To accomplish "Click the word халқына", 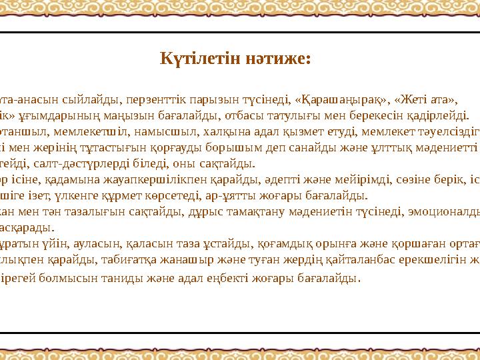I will [x=199, y=130].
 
